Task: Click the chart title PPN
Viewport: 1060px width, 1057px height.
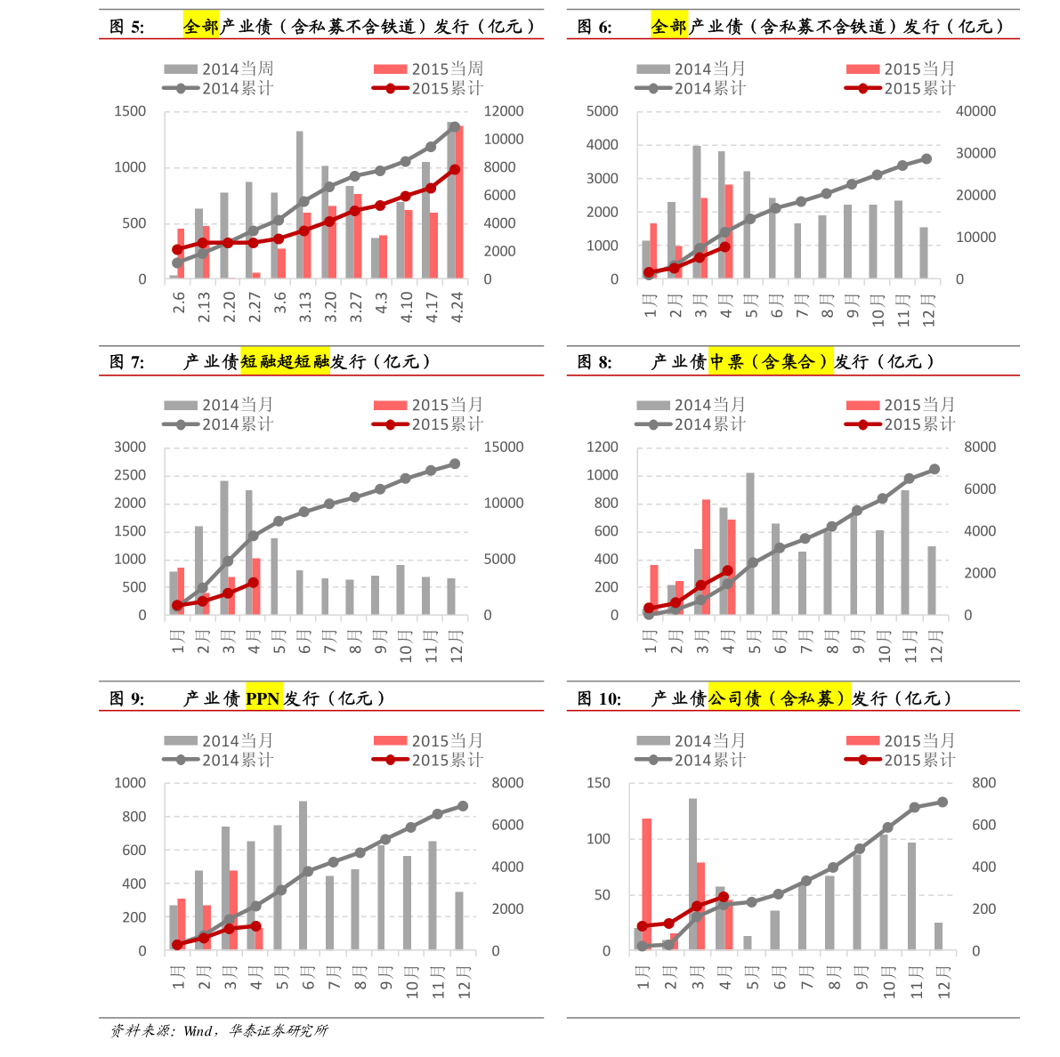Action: pos(263,698)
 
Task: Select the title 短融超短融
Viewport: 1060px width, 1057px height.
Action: pos(285,361)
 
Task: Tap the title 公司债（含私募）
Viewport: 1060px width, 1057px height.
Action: pos(779,698)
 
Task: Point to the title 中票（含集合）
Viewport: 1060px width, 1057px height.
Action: pos(771,361)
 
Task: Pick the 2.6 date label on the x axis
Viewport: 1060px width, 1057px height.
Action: pos(180,303)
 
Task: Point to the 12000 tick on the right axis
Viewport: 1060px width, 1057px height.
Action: pos(503,111)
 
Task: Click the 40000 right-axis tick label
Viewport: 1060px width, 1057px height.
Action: pos(975,111)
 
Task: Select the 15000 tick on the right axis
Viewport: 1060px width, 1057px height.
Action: pos(503,448)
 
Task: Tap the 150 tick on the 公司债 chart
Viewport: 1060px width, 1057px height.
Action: pos(598,783)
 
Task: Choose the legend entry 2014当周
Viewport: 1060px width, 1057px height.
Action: pos(219,69)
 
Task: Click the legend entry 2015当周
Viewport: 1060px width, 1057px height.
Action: pos(429,69)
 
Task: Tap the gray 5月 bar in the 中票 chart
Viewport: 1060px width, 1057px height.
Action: pos(750,544)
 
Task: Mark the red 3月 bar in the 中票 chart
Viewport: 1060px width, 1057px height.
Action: pos(707,557)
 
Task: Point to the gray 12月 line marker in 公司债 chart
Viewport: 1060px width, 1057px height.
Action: pos(943,802)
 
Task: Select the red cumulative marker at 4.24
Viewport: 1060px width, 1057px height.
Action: pos(455,169)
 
